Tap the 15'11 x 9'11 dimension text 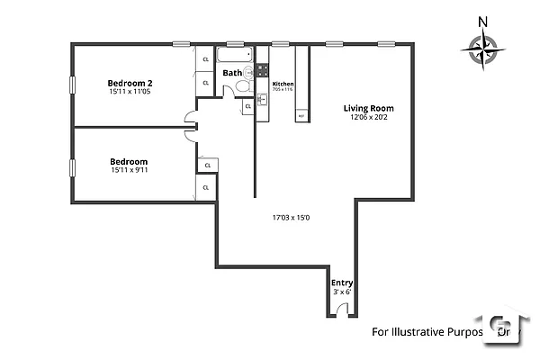[129, 170]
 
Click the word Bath [232, 73]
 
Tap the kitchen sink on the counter [262, 99]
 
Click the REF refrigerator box [301, 116]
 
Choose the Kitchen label [283, 84]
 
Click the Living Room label [368, 109]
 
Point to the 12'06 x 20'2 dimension [368, 119]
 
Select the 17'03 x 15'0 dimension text [291, 217]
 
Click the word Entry [342, 283]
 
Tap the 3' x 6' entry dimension [342, 292]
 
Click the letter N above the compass [483, 22]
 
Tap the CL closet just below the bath [247, 106]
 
